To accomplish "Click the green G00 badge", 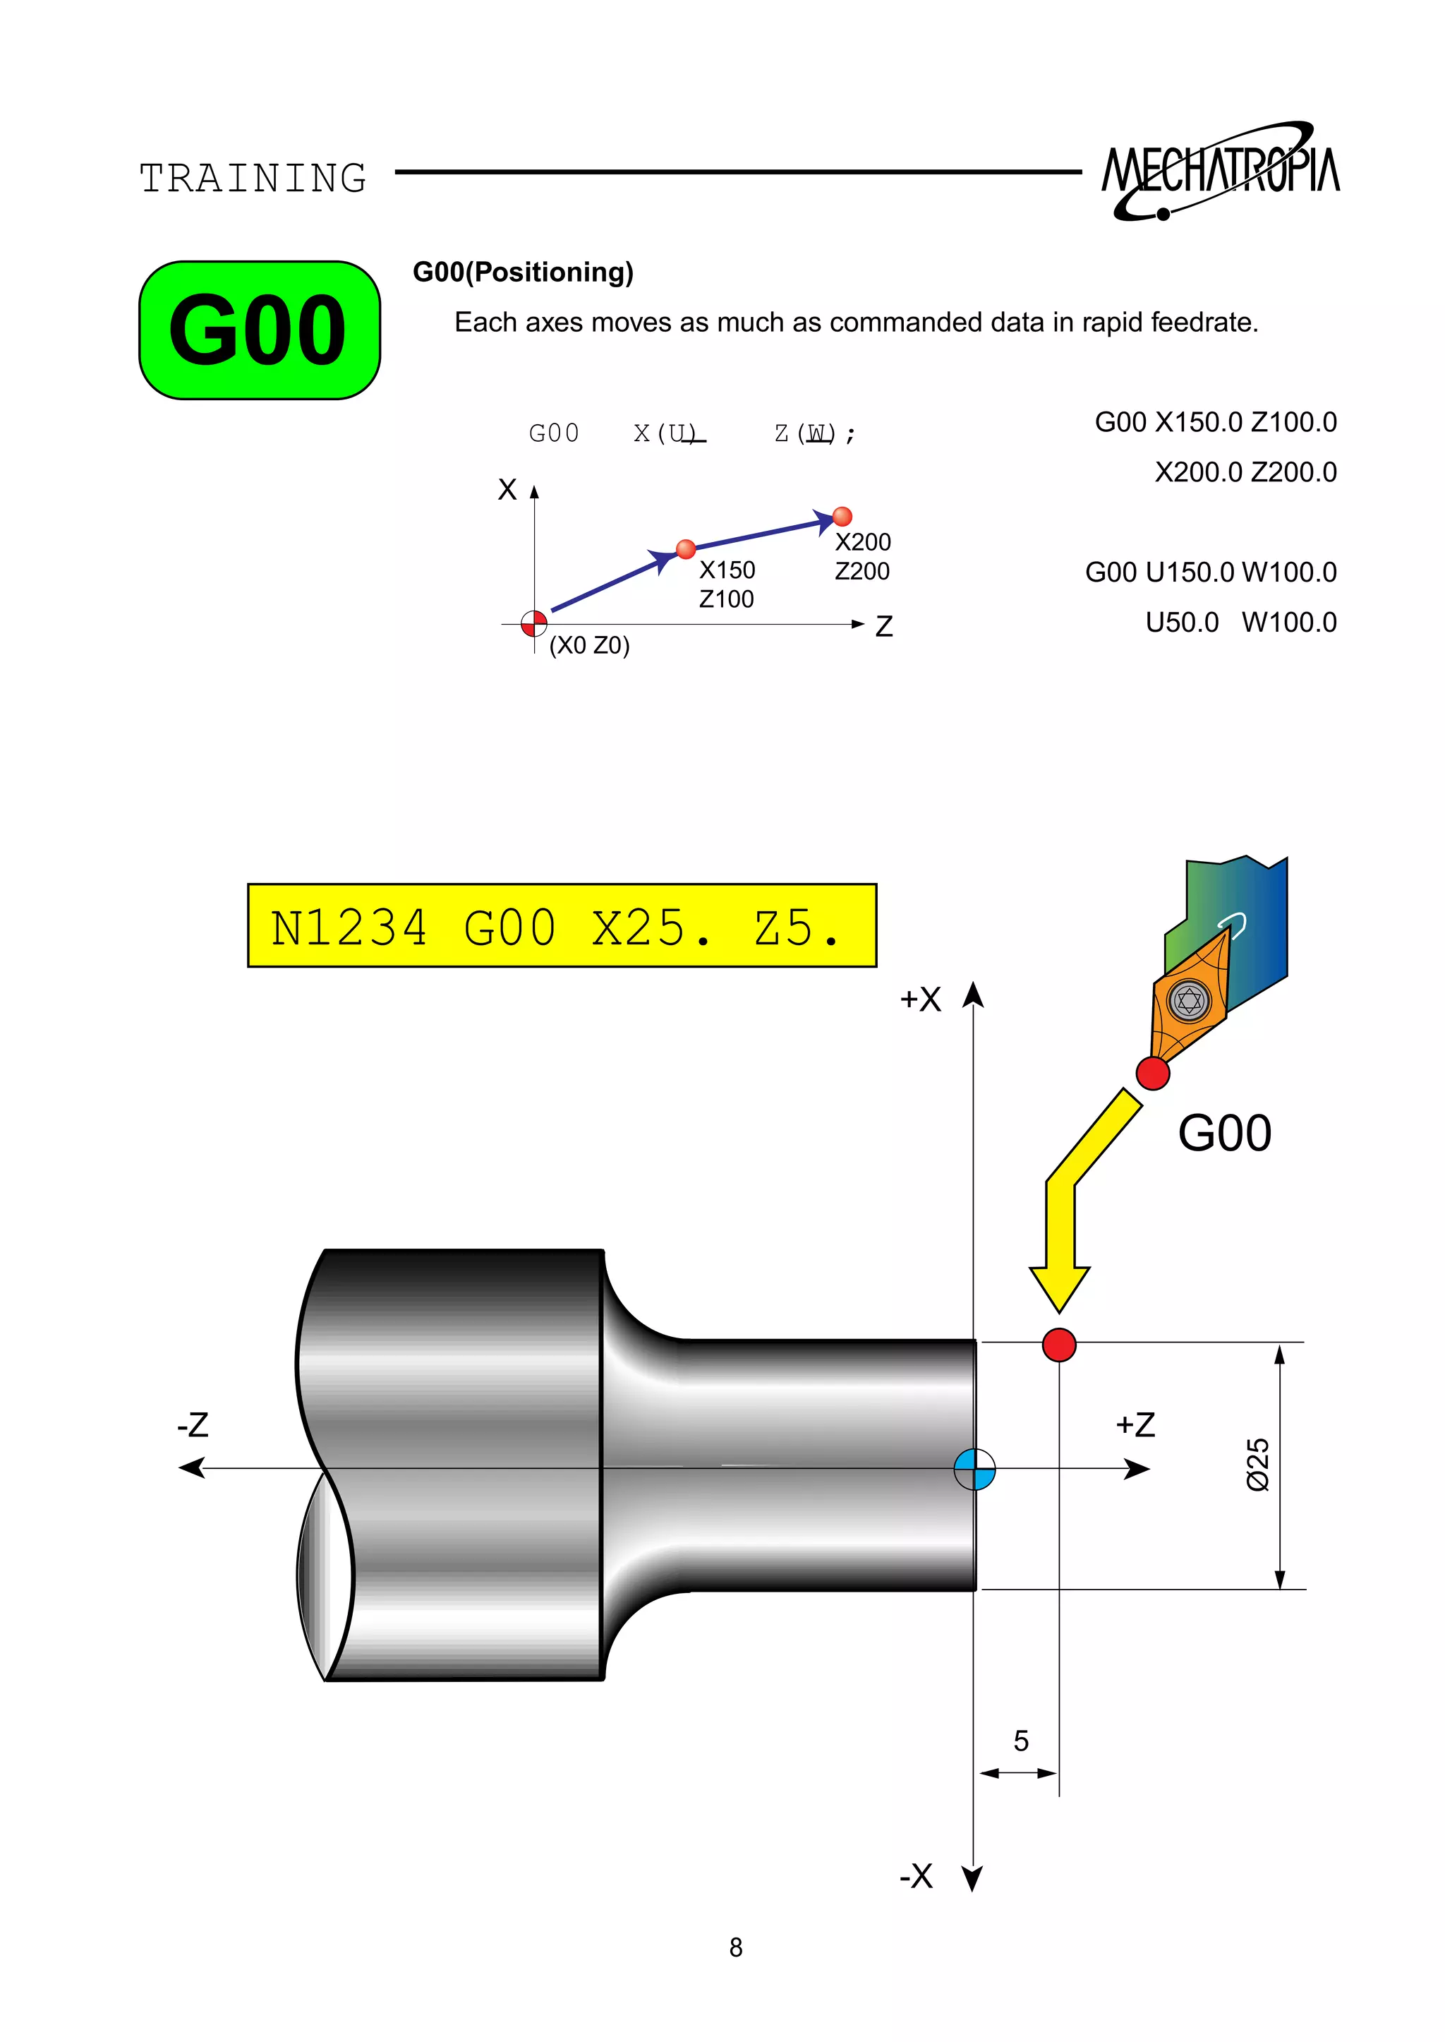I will coord(259,330).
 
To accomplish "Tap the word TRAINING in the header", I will coord(253,178).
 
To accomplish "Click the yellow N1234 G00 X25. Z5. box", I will coord(562,926).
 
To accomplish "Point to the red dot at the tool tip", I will coord(1152,1073).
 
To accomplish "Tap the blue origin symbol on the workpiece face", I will coord(974,1469).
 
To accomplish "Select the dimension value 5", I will coord(1020,1740).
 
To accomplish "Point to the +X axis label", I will coord(920,999).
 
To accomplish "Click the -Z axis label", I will coord(193,1424).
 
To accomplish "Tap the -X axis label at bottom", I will coord(916,1875).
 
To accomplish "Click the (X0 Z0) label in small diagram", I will coord(589,644).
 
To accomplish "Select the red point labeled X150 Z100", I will coord(685,549).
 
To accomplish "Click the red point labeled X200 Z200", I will coord(842,516).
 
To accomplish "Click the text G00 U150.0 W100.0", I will coord(1210,572).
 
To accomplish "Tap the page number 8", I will coord(736,1947).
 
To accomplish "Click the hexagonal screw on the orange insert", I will coord(1189,1000).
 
